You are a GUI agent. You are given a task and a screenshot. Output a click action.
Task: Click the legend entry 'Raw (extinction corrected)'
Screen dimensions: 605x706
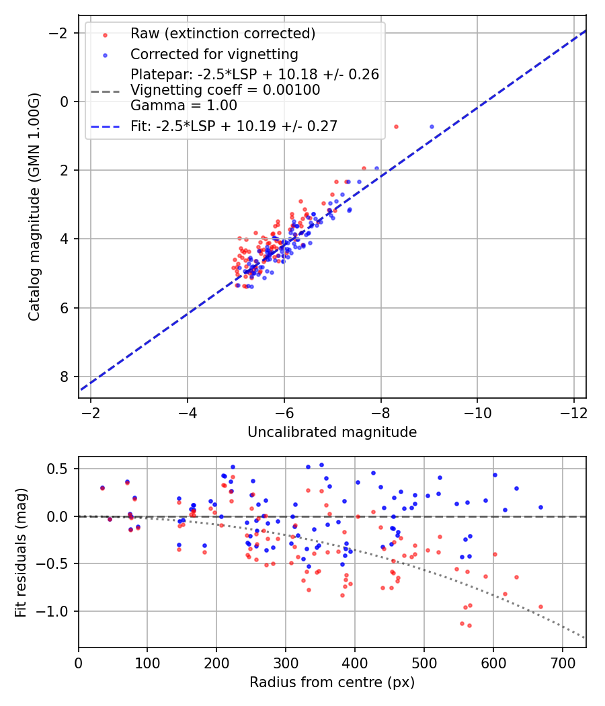point(223,34)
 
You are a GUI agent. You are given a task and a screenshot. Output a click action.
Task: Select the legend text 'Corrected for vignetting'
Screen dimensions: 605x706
point(214,54)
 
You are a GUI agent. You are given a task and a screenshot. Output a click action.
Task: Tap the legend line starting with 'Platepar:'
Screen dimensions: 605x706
point(255,74)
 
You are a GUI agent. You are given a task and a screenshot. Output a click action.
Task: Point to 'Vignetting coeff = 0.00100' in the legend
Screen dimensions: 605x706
point(225,90)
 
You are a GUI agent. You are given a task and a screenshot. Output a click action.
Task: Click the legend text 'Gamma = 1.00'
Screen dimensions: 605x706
point(184,106)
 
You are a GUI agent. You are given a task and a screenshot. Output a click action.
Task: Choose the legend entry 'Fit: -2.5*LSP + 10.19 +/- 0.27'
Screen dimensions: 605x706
point(234,126)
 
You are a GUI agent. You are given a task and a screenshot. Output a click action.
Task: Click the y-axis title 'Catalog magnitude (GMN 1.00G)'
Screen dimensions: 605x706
point(34,206)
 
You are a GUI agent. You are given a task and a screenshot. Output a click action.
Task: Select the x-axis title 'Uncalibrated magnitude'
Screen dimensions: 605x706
point(332,432)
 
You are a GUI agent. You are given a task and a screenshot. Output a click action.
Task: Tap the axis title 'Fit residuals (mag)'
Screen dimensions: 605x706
point(21,553)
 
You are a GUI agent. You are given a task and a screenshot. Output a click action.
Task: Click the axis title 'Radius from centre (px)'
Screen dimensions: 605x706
point(332,682)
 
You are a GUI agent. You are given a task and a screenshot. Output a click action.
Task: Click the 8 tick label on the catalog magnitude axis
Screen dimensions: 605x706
point(65,377)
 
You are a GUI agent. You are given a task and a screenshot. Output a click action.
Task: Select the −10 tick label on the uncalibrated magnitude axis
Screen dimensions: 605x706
point(477,413)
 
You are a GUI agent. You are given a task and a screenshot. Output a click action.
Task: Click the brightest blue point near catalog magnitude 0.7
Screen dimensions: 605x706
point(432,127)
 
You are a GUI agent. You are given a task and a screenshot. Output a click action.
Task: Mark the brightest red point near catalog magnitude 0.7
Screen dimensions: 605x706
point(396,127)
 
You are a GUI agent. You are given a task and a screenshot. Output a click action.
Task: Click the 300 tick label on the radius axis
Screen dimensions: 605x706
point(286,663)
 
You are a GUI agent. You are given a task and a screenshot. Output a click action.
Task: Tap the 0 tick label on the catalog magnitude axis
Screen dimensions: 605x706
point(65,102)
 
